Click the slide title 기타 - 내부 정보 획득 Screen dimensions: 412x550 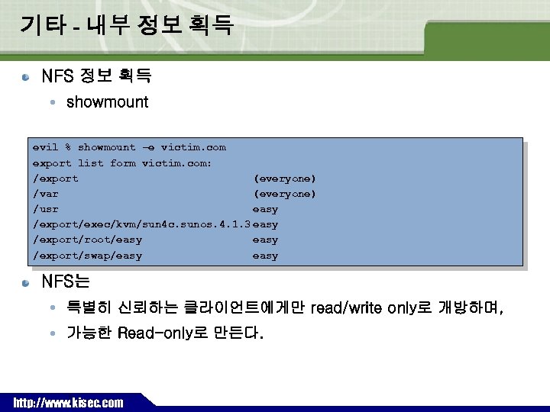click(126, 26)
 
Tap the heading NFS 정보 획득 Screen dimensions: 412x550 click(96, 76)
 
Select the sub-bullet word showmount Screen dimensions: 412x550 click(107, 102)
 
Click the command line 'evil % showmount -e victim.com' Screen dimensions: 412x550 click(129, 147)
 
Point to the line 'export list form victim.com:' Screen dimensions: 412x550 click(122, 163)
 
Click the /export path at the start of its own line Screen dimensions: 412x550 click(55, 179)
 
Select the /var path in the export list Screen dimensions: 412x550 click(46, 194)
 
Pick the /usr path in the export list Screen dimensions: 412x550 click(46, 209)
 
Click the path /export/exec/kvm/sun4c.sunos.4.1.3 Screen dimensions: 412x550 click(141, 224)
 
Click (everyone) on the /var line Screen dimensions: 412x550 click(284, 194)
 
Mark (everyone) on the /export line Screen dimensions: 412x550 click(284, 179)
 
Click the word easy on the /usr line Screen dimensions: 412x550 click(265, 209)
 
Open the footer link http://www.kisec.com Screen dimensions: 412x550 click(68, 402)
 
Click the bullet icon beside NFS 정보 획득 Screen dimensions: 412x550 click(26, 77)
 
